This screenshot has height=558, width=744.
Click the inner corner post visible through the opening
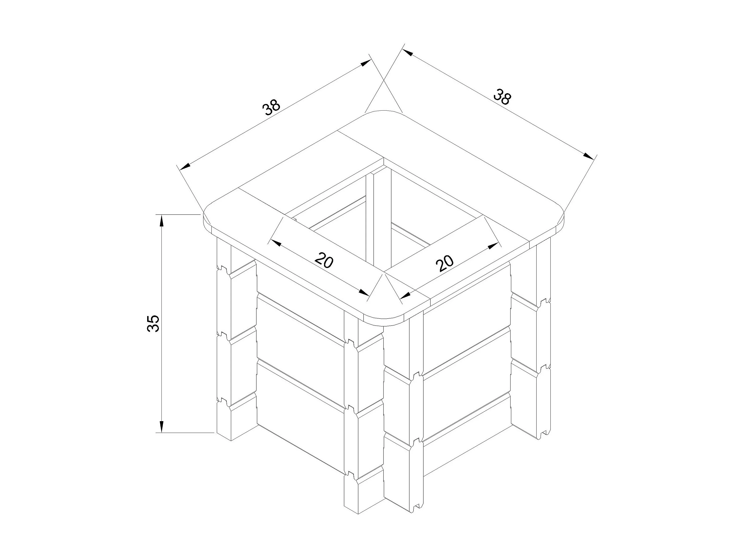(378, 219)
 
